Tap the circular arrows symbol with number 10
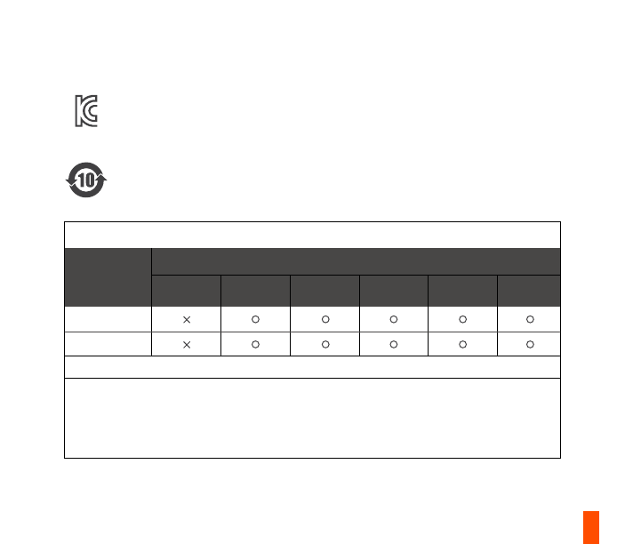(86, 180)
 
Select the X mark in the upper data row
(187, 320)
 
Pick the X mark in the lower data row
(187, 345)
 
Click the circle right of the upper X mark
(255, 319)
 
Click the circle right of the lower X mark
(255, 344)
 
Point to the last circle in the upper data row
(530, 319)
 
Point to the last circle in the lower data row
(530, 344)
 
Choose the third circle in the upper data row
(394, 319)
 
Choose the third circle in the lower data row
(394, 344)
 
